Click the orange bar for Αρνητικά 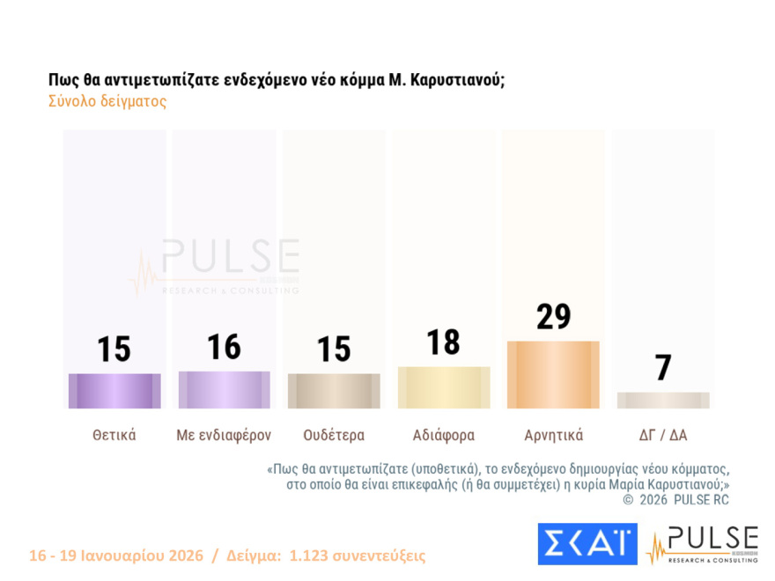pyautogui.click(x=553, y=374)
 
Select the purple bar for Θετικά pyautogui.click(x=114, y=391)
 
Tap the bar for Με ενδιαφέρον pyautogui.click(x=224, y=389)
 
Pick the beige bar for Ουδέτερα pyautogui.click(x=334, y=391)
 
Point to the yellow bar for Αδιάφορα pyautogui.click(x=444, y=387)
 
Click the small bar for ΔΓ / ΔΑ pyautogui.click(x=662, y=401)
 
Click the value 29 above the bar pyautogui.click(x=554, y=317)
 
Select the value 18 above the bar pyautogui.click(x=444, y=342)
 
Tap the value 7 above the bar pyautogui.click(x=663, y=368)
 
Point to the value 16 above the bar pyautogui.click(x=224, y=347)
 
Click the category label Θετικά pyautogui.click(x=114, y=435)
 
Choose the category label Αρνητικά pyautogui.click(x=553, y=435)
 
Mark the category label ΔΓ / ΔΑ pyautogui.click(x=662, y=435)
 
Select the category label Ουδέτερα pyautogui.click(x=334, y=435)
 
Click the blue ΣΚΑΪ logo pyautogui.click(x=587, y=544)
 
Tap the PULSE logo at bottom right pyautogui.click(x=702, y=545)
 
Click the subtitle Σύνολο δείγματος pyautogui.click(x=107, y=101)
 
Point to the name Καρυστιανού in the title pyautogui.click(x=457, y=79)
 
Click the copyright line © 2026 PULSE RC pyautogui.click(x=675, y=499)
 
